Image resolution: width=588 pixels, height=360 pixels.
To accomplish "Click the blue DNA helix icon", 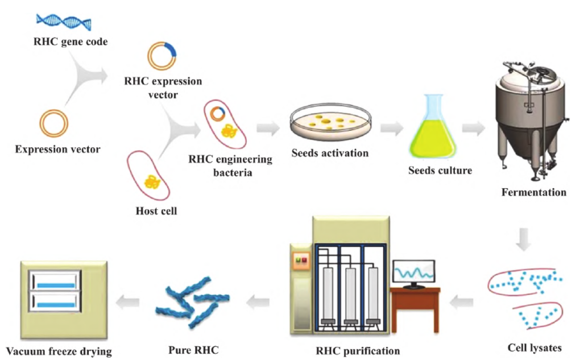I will pos(63,22).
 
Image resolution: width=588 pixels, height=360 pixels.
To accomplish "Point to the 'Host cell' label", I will pos(156,211).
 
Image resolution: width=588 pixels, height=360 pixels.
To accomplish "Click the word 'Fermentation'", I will pos(533,192).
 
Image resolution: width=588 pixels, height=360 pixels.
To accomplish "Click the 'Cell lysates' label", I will pos(533,347).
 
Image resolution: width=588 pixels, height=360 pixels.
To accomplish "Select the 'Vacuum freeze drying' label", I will pos(59,351).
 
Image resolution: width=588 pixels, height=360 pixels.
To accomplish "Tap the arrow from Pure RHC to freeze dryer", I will pos(129,301).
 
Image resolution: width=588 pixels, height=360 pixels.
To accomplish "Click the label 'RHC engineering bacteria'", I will pos(230,165).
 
